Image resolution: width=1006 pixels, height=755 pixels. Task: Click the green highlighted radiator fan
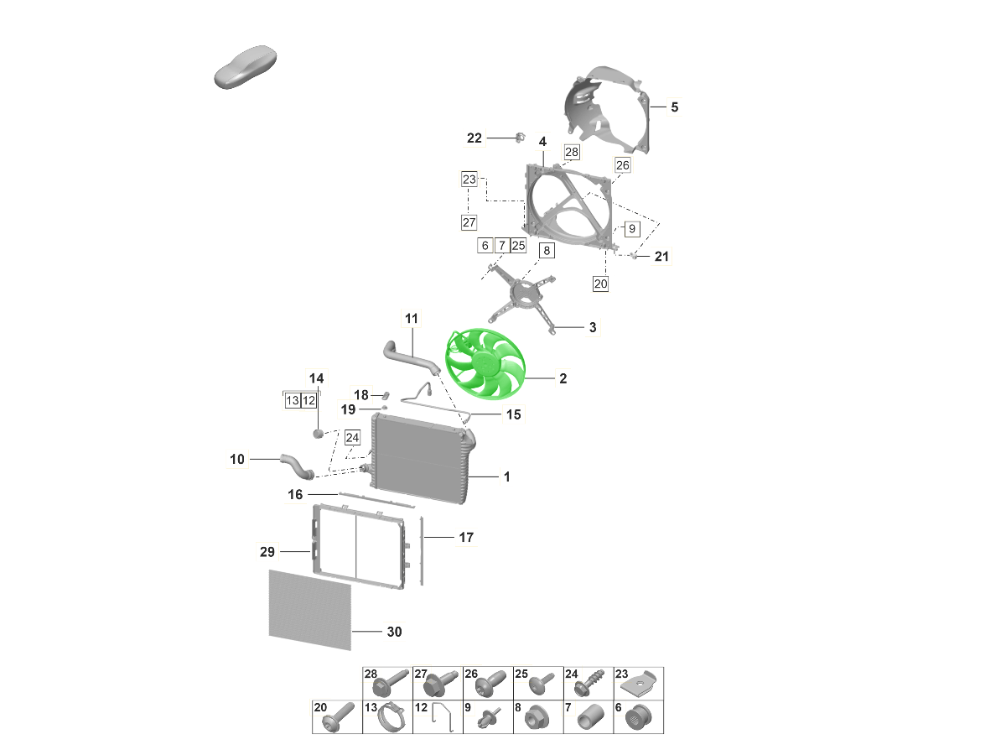tap(485, 364)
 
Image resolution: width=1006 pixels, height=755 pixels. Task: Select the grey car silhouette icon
tap(246, 67)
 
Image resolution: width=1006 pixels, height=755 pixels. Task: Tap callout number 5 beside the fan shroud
tap(674, 107)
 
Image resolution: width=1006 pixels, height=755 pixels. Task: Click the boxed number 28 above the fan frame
tap(572, 152)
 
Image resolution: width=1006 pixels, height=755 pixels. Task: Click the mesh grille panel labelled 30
tap(310, 610)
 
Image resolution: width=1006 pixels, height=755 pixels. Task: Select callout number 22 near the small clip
tap(474, 138)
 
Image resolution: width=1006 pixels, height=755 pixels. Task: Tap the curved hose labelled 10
tap(297, 466)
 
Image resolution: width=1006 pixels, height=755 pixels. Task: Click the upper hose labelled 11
tap(410, 357)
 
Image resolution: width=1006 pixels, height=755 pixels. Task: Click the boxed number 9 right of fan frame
tap(632, 229)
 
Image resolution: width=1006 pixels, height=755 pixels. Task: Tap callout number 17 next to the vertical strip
tap(466, 537)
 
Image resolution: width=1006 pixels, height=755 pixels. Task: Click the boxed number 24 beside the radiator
tap(352, 438)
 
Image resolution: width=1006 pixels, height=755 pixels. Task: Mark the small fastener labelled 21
tap(634, 255)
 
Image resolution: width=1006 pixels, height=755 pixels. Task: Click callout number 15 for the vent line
tap(513, 414)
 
